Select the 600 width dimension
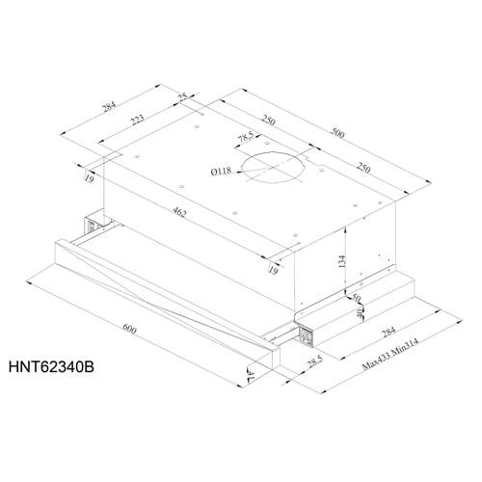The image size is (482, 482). coord(132,331)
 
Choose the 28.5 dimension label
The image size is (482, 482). coord(312,362)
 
